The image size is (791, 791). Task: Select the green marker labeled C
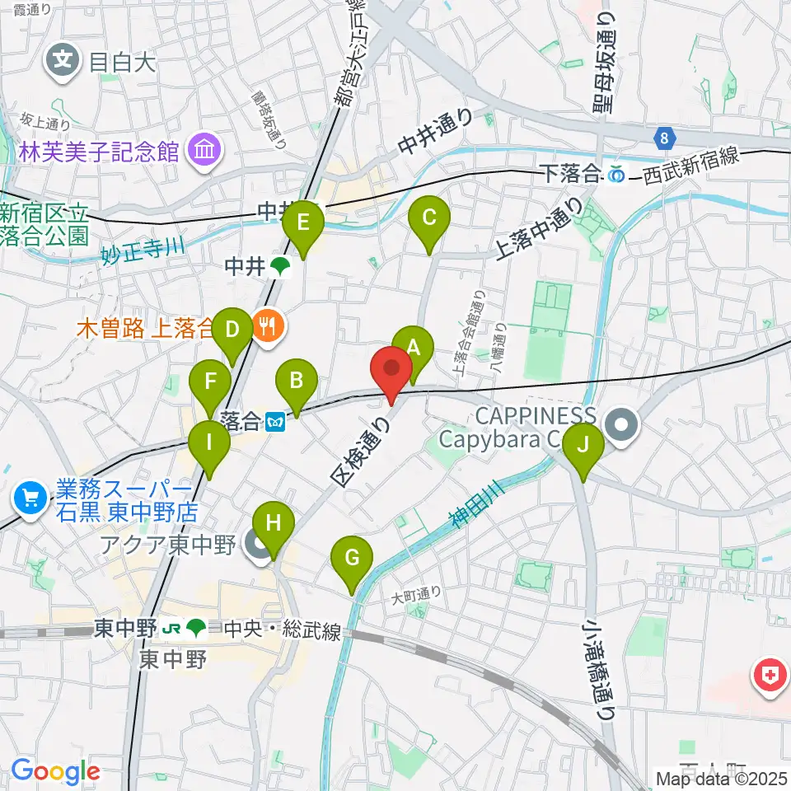point(429,218)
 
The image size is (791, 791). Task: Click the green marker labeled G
point(352,559)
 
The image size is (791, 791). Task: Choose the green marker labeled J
point(583,446)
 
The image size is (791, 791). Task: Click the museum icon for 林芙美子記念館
point(202,151)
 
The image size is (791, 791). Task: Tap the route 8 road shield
point(664,138)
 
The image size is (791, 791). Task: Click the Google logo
point(55,771)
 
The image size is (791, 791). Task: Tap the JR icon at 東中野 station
point(171,630)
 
